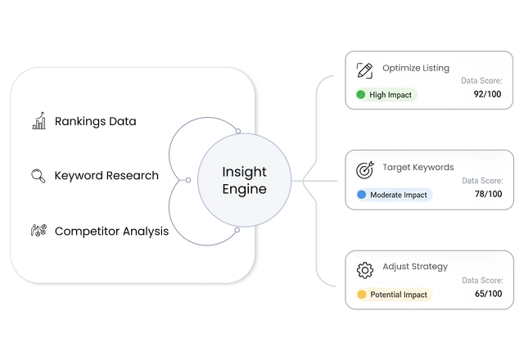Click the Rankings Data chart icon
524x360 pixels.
click(x=38, y=122)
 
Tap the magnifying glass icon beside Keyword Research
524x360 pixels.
click(x=38, y=176)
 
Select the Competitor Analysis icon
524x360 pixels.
click(x=38, y=231)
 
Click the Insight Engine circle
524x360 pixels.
click(x=244, y=180)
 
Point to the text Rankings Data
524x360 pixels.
click(x=95, y=122)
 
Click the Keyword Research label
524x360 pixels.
click(x=106, y=176)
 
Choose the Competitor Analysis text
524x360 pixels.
click(x=111, y=231)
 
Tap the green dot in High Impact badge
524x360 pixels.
click(x=360, y=95)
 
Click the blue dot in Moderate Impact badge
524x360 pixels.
click(x=361, y=195)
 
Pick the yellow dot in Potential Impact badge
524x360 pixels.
click(x=361, y=295)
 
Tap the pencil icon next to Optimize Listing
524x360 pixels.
click(x=365, y=70)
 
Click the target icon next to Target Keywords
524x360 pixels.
click(x=365, y=170)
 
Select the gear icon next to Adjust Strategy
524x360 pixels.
click(x=365, y=270)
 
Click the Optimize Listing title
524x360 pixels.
click(x=416, y=68)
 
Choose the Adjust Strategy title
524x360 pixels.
click(x=414, y=267)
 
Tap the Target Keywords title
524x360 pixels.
click(x=418, y=167)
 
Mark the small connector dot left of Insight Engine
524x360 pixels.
click(x=188, y=180)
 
